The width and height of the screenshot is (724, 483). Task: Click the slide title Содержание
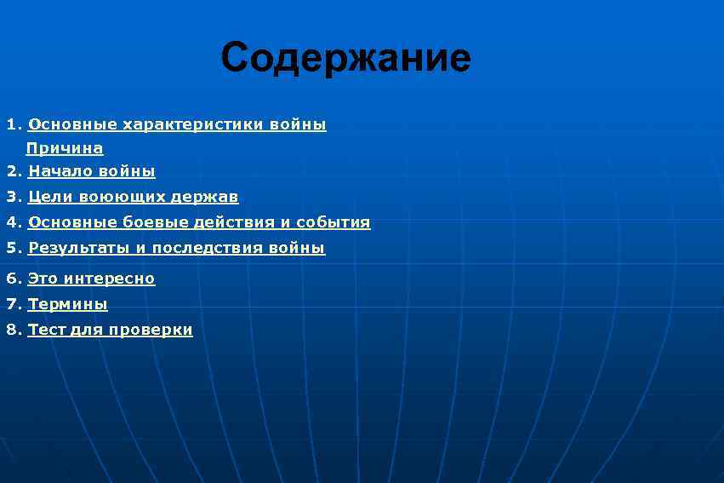[345, 58]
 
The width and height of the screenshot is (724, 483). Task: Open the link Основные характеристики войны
[177, 124]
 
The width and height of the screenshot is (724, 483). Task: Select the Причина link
[65, 148]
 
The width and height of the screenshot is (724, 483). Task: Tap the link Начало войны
[92, 171]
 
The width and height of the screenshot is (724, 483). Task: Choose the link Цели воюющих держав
[133, 197]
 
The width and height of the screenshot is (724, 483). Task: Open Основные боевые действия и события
[199, 222]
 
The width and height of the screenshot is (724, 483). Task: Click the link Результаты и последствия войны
[176, 248]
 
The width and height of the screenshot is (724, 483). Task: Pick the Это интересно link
[91, 278]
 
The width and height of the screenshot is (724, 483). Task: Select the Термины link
[67, 303]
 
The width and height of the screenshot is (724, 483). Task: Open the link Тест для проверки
[110, 330]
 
